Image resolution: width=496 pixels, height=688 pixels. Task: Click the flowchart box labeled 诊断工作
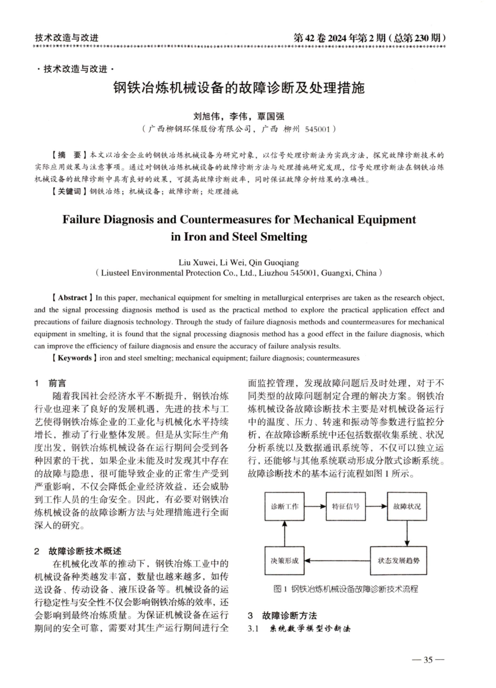click(285, 506)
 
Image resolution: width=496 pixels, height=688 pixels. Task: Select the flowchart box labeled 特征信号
click(346, 506)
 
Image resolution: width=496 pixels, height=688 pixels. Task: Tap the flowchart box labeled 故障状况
click(407, 506)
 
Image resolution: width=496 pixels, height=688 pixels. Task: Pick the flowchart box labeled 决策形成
click(285, 561)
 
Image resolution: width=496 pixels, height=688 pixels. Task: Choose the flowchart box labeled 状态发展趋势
click(398, 561)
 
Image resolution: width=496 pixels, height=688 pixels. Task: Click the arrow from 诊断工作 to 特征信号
click(315, 506)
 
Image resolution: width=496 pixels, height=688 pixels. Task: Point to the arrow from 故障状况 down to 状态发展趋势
click(407, 533)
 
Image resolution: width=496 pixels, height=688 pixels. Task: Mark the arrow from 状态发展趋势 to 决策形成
click(337, 561)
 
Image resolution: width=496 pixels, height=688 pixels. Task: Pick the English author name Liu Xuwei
click(195, 263)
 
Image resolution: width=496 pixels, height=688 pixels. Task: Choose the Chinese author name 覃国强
click(270, 116)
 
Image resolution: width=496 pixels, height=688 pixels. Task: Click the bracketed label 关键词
click(69, 192)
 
